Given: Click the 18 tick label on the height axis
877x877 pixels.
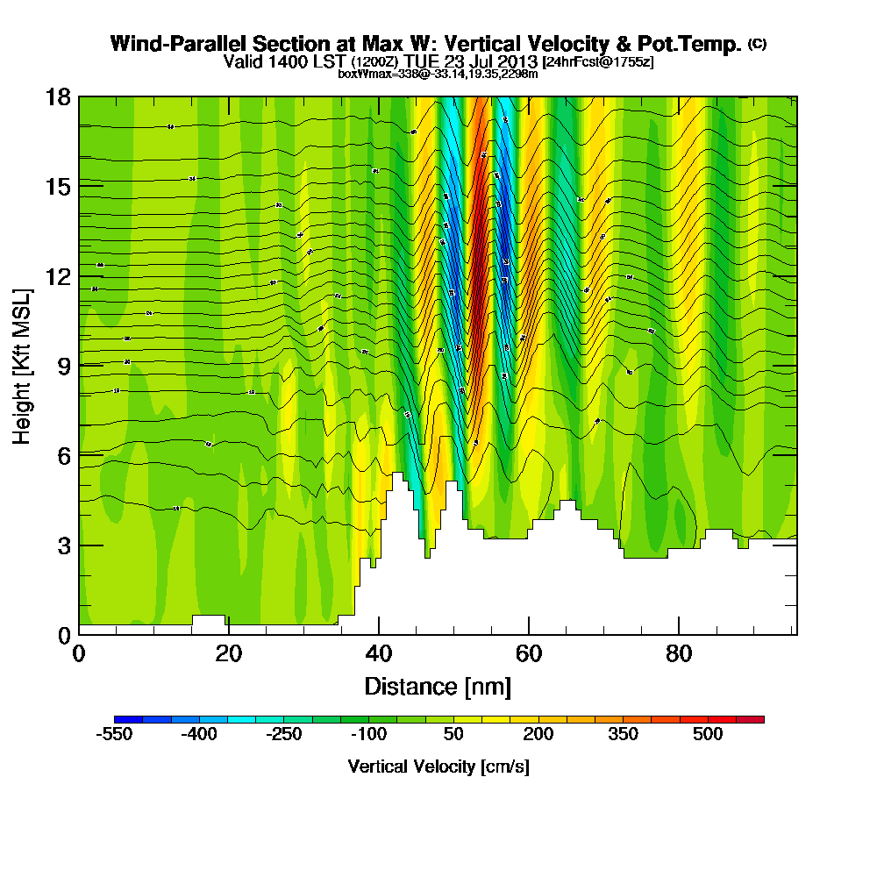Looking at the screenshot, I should pyautogui.click(x=58, y=96).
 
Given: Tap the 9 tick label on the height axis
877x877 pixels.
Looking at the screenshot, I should pyautogui.click(x=63, y=366).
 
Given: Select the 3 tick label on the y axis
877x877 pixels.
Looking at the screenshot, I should pyautogui.click(x=63, y=545).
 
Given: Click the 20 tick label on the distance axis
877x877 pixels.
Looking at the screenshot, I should pyautogui.click(x=228, y=654).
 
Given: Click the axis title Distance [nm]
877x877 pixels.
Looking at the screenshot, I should pyautogui.click(x=438, y=685).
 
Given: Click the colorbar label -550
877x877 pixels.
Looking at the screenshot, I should pyautogui.click(x=114, y=734).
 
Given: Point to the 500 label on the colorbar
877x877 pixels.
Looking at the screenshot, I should pyautogui.click(x=708, y=734).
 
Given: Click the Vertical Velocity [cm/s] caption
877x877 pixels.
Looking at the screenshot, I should pyautogui.click(x=438, y=766).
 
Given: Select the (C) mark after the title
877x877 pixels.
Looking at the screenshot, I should pyautogui.click(x=757, y=44).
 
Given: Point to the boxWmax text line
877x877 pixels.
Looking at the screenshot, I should pyautogui.click(x=438, y=74).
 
